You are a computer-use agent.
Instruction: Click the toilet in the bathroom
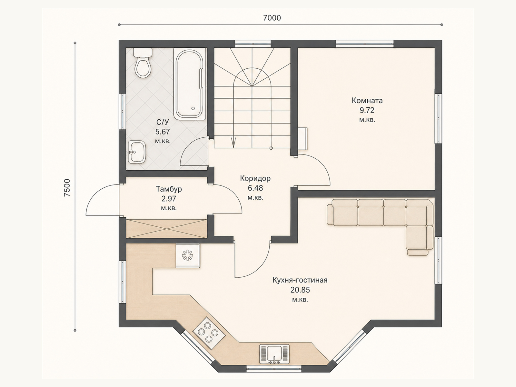click(143, 63)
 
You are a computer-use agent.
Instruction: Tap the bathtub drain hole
click(193, 109)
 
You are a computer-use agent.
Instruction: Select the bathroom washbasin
click(137, 152)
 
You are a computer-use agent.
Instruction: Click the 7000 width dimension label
click(272, 18)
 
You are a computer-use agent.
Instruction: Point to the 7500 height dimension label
click(67, 188)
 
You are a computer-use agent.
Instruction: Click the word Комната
click(367, 101)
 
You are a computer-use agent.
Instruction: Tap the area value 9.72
click(367, 110)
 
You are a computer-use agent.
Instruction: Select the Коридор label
click(255, 178)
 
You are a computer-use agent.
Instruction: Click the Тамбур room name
click(169, 189)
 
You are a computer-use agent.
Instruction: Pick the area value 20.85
click(300, 290)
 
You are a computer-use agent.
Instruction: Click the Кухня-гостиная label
click(300, 280)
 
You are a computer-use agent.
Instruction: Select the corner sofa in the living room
click(380, 227)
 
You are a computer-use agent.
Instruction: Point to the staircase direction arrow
click(233, 143)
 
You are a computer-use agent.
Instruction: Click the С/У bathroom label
click(163, 122)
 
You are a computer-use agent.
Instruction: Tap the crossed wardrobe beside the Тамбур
click(166, 229)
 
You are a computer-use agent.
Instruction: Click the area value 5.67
click(163, 132)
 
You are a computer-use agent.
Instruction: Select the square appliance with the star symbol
click(188, 255)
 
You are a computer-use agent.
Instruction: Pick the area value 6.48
click(255, 188)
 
